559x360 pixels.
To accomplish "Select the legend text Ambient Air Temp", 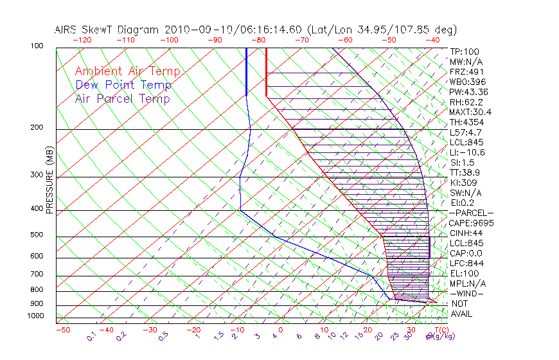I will pos(127,71).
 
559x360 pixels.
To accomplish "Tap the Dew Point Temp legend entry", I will pos(123,85).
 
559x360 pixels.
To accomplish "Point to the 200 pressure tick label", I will pos(38,128).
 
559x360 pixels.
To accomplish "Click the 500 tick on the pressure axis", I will pos(38,235).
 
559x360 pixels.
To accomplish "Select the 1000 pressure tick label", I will pos(36,316).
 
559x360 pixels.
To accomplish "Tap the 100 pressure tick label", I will pos(38,46).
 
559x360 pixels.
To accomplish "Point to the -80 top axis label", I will pos(259,39).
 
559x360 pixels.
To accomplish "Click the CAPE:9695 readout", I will pos(472,223).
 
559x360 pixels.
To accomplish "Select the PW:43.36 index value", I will pos(468,92).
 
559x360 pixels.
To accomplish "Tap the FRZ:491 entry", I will pos(466,71).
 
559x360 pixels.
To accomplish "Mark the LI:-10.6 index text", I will pos(467,152).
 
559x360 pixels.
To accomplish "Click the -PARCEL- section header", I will pos(471,213).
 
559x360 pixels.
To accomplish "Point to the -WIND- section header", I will pos(467,294).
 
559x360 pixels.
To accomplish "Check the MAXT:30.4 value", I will pos(471,112).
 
